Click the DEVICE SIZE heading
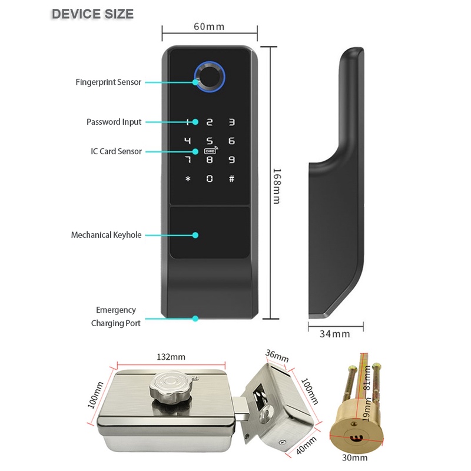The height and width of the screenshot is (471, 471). pos(92,14)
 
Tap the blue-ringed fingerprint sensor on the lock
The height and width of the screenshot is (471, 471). pos(209,75)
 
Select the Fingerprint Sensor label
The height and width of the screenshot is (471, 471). pos(108,82)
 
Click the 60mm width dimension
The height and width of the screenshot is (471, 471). pos(208,26)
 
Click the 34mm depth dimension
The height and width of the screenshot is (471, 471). pos(334,334)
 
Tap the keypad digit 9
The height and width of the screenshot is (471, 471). pos(231,160)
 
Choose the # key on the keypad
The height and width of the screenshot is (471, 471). pos(231,178)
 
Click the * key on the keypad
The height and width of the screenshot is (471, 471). pos(188,178)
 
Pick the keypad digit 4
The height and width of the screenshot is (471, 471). pos(188,141)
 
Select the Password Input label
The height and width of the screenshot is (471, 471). pos(114,122)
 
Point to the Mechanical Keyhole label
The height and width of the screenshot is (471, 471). pos(107,235)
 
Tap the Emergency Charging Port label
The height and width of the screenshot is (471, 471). pos(116,316)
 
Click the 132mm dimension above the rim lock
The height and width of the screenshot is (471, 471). pos(171,357)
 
